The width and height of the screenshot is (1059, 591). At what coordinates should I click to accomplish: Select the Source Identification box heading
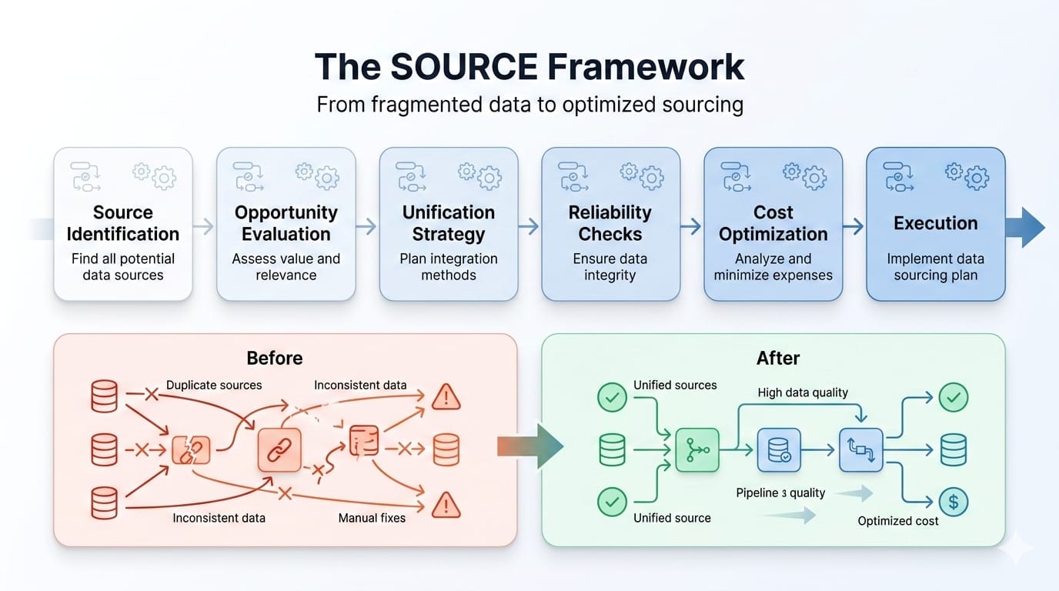123,223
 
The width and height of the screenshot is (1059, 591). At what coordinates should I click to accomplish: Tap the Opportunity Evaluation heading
286,223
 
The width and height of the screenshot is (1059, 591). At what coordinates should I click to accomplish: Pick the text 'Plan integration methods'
449,266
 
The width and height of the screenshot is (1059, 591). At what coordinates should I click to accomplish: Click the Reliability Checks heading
610,223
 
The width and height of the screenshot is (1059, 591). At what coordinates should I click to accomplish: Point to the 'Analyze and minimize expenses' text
773,266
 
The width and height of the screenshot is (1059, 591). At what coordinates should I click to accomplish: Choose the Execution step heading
935,223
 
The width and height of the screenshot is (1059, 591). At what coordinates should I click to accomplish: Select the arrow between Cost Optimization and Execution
854,226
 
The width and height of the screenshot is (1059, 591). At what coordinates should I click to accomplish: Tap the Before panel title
275,358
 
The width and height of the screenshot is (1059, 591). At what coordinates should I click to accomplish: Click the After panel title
778,358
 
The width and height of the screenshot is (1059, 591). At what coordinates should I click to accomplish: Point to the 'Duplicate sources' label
214,385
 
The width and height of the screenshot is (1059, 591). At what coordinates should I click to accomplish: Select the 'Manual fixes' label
372,518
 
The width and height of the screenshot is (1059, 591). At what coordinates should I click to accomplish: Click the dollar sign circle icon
954,502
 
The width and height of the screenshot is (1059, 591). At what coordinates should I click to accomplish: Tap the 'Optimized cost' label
898,521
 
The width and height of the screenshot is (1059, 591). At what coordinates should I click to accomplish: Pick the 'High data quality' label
803,392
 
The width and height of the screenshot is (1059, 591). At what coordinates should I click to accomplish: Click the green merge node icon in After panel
697,450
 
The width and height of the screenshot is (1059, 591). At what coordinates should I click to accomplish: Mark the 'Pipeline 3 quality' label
780,492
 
